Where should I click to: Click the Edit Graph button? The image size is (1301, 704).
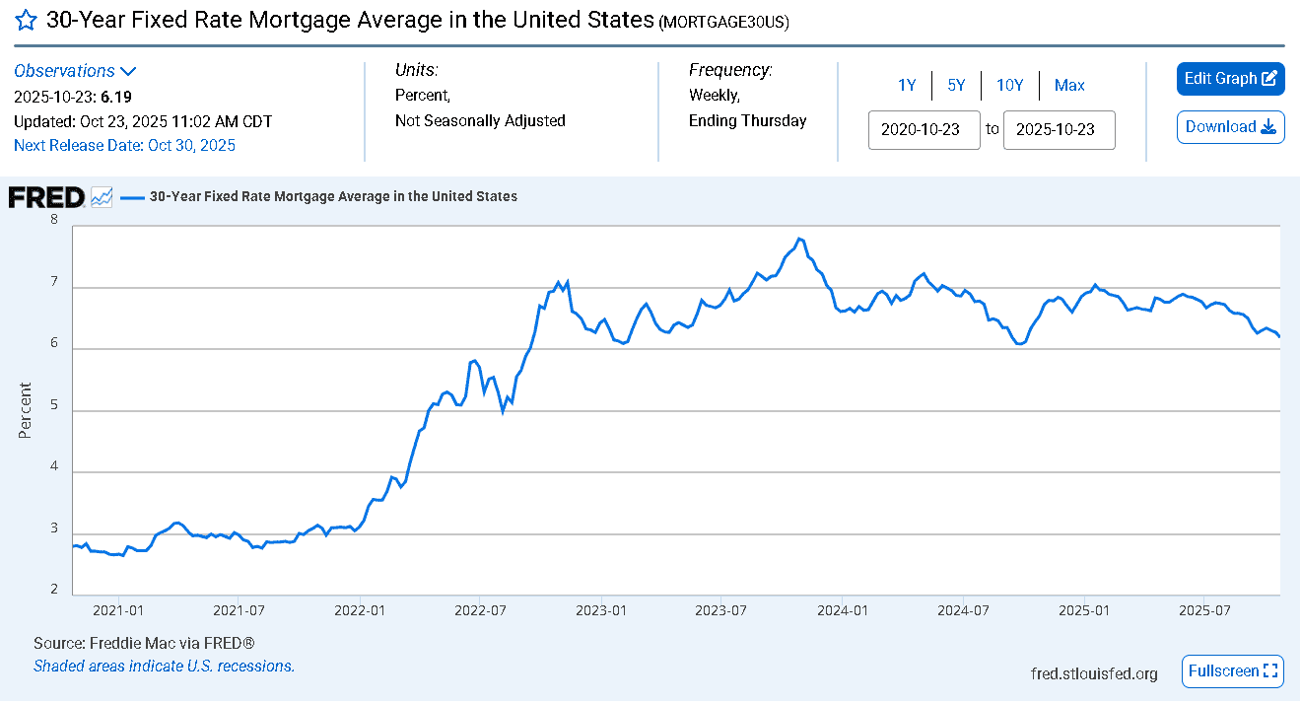click(x=1230, y=79)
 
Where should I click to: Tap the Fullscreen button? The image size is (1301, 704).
click(x=1232, y=671)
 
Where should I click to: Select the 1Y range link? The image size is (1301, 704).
click(x=907, y=86)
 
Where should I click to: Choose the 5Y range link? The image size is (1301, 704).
click(x=956, y=86)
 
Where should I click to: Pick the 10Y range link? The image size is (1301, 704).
click(x=1009, y=86)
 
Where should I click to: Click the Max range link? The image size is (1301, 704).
click(x=1069, y=86)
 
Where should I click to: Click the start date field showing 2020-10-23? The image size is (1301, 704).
click(x=924, y=129)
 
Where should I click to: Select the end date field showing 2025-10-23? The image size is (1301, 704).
click(x=1059, y=129)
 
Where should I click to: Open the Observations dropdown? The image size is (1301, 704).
click(x=75, y=71)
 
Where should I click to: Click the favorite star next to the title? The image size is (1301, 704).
click(x=27, y=21)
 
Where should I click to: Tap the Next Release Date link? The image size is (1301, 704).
click(x=124, y=145)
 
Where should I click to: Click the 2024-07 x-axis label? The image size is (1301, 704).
click(x=963, y=610)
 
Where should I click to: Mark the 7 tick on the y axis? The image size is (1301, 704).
click(x=54, y=281)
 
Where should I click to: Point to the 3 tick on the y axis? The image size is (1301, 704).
click(x=54, y=528)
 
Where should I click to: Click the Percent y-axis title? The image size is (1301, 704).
click(x=25, y=410)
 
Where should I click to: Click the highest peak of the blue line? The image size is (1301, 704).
click(x=799, y=239)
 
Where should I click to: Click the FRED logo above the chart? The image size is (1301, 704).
click(x=46, y=197)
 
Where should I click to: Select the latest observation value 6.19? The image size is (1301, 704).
click(x=116, y=97)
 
